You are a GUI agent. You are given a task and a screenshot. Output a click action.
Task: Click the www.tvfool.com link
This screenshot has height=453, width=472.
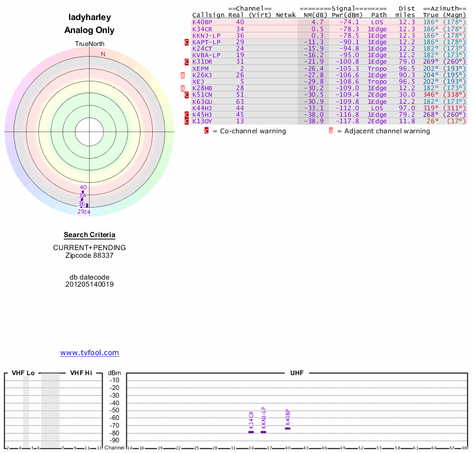(89, 353)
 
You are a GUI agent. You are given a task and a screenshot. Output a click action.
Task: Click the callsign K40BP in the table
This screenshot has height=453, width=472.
(202, 22)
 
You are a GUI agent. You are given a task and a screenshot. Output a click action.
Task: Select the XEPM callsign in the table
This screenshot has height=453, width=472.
(199, 68)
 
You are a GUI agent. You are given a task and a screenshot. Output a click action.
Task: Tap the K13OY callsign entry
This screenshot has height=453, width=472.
(202, 121)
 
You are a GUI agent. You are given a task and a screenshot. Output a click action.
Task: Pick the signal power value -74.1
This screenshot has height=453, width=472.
(349, 22)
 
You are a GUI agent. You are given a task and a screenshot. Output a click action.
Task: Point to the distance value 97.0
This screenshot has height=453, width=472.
(407, 108)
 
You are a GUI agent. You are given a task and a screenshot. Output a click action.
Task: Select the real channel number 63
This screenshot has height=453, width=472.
(240, 101)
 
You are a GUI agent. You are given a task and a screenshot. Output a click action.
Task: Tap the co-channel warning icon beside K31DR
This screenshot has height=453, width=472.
(186, 61)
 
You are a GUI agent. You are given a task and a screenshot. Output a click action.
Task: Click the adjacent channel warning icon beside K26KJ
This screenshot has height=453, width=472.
(182, 75)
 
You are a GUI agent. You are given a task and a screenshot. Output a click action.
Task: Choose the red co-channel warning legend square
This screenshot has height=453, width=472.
(206, 131)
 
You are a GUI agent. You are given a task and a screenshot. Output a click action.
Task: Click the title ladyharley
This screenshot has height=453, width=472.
(89, 18)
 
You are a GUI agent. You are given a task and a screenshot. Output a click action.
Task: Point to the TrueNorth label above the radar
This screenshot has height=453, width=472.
(89, 44)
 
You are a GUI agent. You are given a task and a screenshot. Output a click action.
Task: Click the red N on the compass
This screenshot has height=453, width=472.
(103, 54)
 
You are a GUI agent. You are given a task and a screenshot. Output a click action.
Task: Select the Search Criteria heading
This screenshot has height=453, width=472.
(89, 235)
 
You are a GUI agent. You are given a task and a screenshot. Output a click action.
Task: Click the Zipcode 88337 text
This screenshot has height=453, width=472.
(89, 255)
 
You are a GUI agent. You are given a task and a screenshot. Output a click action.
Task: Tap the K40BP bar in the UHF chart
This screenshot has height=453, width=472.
(287, 428)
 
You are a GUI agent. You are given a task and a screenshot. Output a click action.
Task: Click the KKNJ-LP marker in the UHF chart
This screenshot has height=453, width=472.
(263, 432)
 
